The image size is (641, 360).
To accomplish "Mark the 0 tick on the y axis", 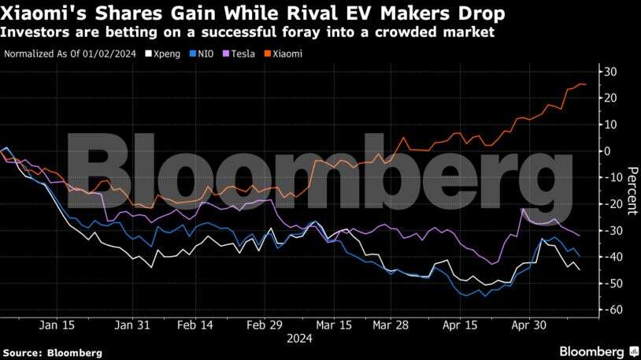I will [608, 151].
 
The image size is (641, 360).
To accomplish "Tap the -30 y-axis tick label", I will [608, 231].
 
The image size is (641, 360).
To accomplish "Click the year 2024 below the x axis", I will [299, 340].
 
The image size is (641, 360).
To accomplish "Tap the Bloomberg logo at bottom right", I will [597, 351].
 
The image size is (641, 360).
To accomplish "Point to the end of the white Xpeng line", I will [580, 270].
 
